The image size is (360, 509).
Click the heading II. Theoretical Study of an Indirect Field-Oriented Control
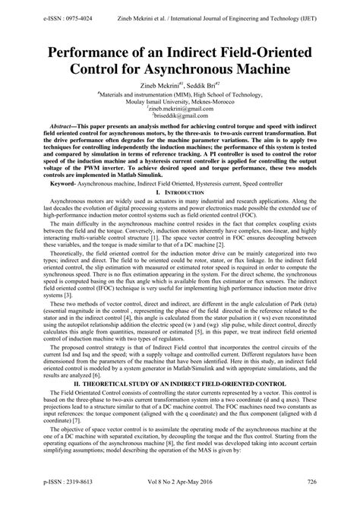(180, 405)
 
